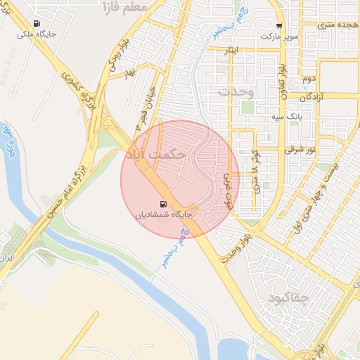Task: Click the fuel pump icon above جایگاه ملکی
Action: click(x=46, y=21)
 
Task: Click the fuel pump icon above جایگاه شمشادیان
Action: click(x=164, y=204)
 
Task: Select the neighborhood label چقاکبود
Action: click(x=288, y=298)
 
